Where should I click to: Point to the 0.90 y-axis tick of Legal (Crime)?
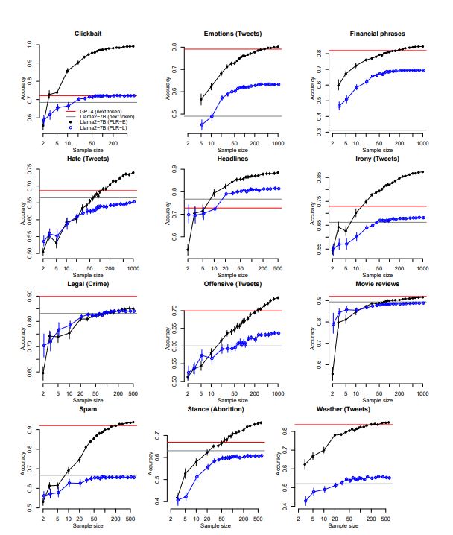click(31, 296)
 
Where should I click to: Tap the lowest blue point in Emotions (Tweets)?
click(201, 124)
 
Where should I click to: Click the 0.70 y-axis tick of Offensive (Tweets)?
click(171, 309)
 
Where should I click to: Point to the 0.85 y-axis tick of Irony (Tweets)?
click(311, 177)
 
